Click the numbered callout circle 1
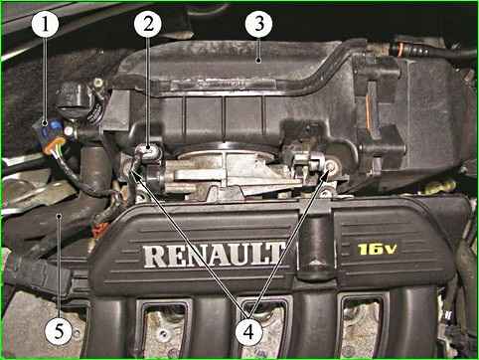[x=45, y=24]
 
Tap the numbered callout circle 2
[x=148, y=24]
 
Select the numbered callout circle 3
[x=259, y=24]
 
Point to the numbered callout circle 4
[x=248, y=331]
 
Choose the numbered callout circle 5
[x=59, y=331]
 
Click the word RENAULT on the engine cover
[x=214, y=255]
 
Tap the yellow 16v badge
[x=377, y=249]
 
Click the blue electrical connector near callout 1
[x=49, y=132]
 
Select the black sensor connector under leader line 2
[x=148, y=151]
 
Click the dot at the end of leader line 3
[x=258, y=60]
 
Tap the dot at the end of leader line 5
[x=59, y=216]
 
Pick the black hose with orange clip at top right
[x=430, y=52]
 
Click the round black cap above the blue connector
[x=73, y=99]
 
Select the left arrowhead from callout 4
[x=134, y=171]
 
